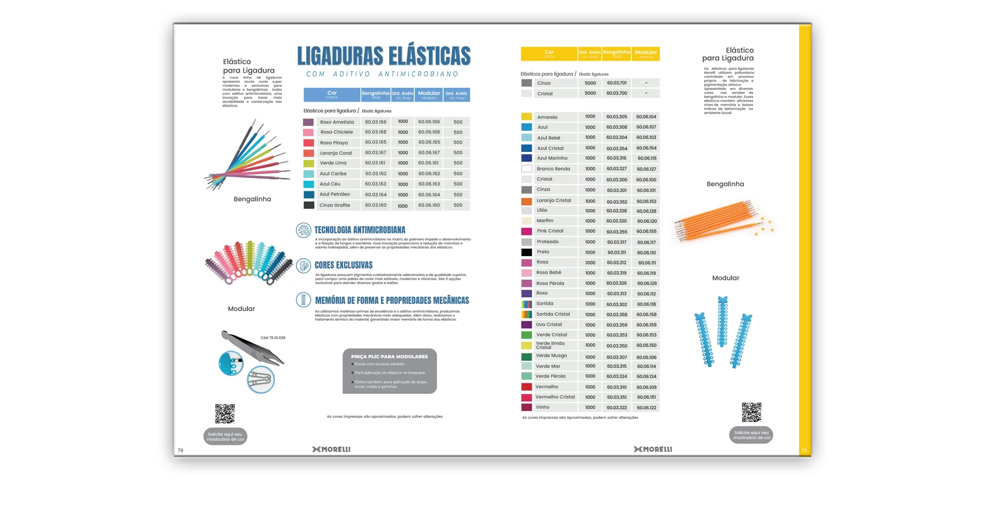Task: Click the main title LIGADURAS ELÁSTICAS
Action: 383,56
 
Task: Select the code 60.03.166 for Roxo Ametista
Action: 375,122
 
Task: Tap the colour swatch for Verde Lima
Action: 308,164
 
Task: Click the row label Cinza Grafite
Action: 334,206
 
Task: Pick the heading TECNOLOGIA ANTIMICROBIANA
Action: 360,230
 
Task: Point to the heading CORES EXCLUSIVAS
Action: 343,265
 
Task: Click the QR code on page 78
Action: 225,414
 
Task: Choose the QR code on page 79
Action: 751,412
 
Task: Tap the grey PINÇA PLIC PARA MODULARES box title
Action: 389,357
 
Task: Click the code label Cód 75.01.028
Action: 273,338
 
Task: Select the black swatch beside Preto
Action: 526,252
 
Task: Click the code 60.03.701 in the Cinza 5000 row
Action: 617,83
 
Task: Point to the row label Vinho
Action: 543,407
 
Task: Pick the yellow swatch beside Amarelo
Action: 526,117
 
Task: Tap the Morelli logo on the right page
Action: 653,449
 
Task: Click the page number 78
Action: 180,450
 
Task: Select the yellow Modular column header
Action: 646,53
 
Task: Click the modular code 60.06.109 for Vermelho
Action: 647,387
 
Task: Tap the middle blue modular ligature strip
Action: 722,322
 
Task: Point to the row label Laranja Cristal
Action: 554,200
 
